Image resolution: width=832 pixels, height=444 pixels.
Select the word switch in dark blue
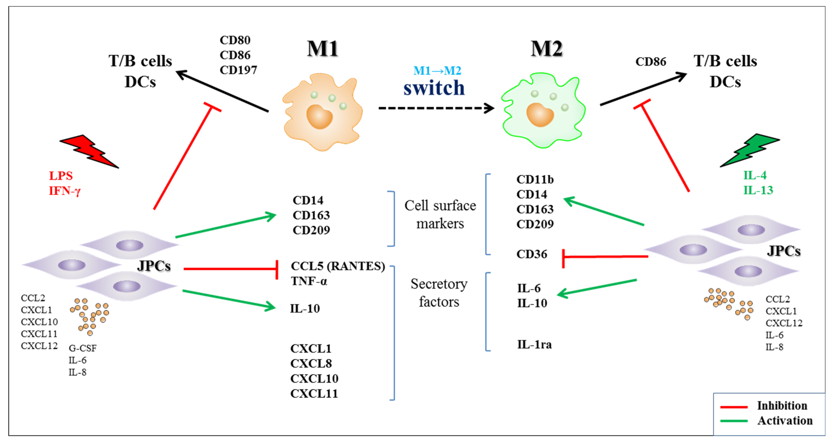pyautogui.click(x=434, y=88)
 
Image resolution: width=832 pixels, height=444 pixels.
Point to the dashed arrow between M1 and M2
pyautogui.click(x=436, y=108)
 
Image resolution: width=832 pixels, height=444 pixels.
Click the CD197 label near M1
pyautogui.click(x=238, y=70)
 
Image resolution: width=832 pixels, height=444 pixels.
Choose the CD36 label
pyautogui.click(x=532, y=254)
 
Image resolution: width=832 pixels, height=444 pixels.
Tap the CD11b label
pyautogui.click(x=535, y=179)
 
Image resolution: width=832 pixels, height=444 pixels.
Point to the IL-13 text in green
pyautogui.click(x=758, y=190)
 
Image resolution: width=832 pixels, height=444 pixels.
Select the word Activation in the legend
pyautogui.click(x=785, y=421)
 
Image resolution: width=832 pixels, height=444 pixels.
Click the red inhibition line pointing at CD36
pyautogui.click(x=606, y=257)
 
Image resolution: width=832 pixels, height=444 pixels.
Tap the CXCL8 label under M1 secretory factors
pyautogui.click(x=311, y=364)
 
